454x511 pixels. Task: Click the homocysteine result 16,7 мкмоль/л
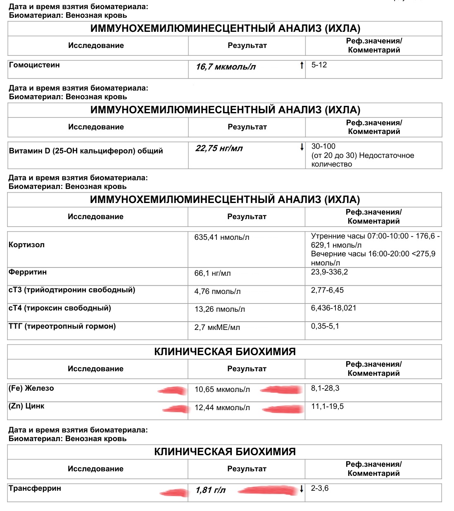[x=226, y=67]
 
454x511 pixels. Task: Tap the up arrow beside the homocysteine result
[x=302, y=65]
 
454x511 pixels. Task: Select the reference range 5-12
[x=319, y=65]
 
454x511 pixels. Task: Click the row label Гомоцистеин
[x=34, y=65]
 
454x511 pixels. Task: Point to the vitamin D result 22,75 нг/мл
[x=219, y=148]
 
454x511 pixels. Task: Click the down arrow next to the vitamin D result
[x=302, y=147]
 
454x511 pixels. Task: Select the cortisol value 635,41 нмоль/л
[x=222, y=237]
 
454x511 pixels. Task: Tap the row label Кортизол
[x=26, y=245]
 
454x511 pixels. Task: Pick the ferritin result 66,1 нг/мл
[x=212, y=273]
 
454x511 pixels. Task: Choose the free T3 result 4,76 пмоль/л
[x=217, y=291]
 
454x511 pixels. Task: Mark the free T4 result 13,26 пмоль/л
[x=219, y=309]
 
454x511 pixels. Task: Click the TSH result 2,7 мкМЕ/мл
[x=217, y=327]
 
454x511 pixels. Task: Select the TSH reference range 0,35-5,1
[x=325, y=326]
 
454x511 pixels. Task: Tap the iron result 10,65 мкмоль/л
[x=222, y=389]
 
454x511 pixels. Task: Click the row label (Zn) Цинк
[x=26, y=406]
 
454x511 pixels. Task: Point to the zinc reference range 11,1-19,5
[x=327, y=406]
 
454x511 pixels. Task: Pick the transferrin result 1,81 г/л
[x=211, y=490]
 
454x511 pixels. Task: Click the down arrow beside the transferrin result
[x=302, y=489]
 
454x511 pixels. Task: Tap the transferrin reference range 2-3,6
[x=320, y=488]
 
